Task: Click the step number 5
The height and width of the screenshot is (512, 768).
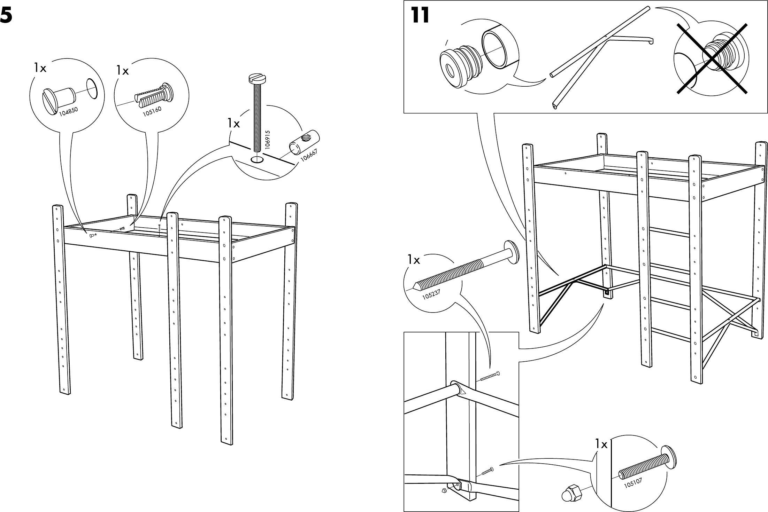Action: coord(7,16)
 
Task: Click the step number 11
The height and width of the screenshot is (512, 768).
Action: coord(420,16)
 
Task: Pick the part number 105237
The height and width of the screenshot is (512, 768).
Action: coord(431,294)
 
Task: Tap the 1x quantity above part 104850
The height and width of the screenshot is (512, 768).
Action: coord(40,69)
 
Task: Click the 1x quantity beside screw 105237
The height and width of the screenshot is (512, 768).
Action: coord(414,260)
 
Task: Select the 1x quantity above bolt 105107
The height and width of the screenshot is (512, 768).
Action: coord(601,444)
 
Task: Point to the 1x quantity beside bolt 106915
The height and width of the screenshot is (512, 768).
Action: coord(234,123)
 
